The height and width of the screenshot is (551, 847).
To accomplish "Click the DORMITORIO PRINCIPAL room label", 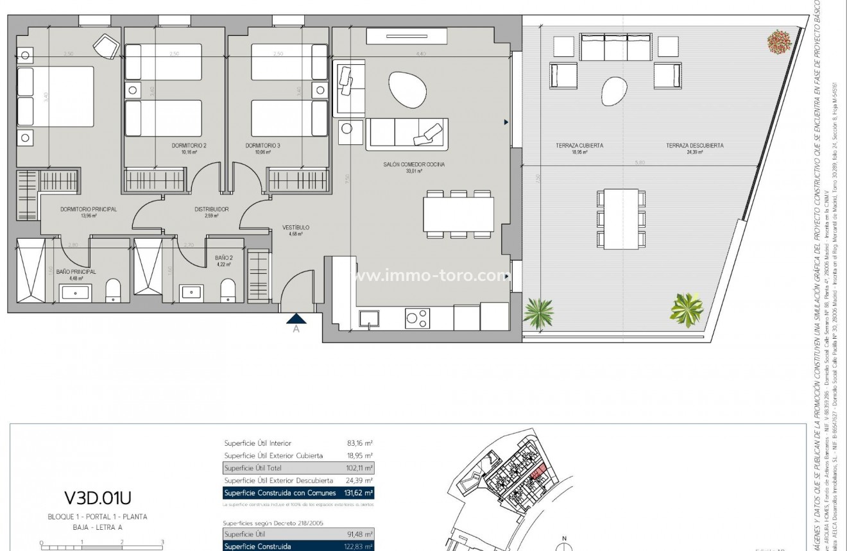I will tap(88, 209).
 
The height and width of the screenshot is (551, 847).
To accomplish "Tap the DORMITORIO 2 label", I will tap(189, 146).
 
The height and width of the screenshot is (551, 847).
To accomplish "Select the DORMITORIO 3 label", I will tap(262, 146).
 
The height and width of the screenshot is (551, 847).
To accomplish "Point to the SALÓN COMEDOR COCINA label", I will tap(414, 165).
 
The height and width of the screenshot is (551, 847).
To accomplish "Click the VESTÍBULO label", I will tap(296, 228).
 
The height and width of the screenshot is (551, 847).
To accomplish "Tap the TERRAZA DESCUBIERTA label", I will tap(694, 146).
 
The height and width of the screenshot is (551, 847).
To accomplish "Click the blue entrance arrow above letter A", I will tap(296, 318).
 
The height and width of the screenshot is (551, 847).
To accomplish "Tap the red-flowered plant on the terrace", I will tap(779, 42).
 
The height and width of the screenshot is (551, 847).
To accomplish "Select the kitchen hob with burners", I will tap(417, 316).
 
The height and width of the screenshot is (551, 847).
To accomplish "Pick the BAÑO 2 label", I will tap(224, 258).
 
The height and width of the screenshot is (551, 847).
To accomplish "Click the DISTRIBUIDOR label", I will tap(212, 209).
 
